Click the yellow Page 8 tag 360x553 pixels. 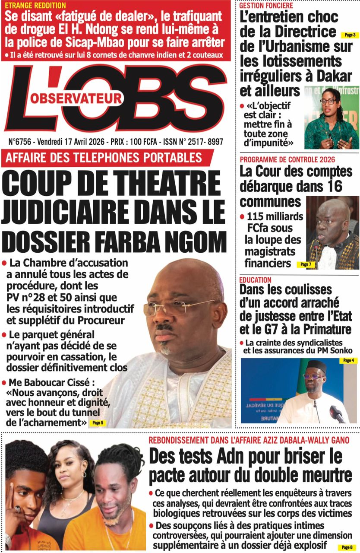347,547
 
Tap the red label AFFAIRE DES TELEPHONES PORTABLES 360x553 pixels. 104,157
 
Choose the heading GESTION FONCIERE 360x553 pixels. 266,6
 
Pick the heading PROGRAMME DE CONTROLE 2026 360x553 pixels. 287,159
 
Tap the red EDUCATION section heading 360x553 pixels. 256,280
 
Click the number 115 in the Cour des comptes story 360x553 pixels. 257,216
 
